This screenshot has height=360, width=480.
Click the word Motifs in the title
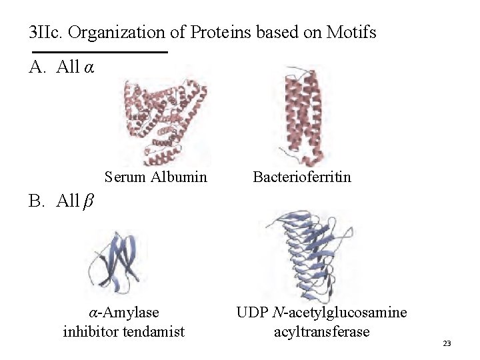(x=351, y=31)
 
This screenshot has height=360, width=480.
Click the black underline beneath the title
(x=99, y=52)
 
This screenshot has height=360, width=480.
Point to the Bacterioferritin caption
(x=302, y=177)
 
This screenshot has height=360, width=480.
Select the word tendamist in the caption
(x=154, y=331)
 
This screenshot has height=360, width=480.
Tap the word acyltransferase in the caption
(x=321, y=331)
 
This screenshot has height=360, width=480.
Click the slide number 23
(x=447, y=343)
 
